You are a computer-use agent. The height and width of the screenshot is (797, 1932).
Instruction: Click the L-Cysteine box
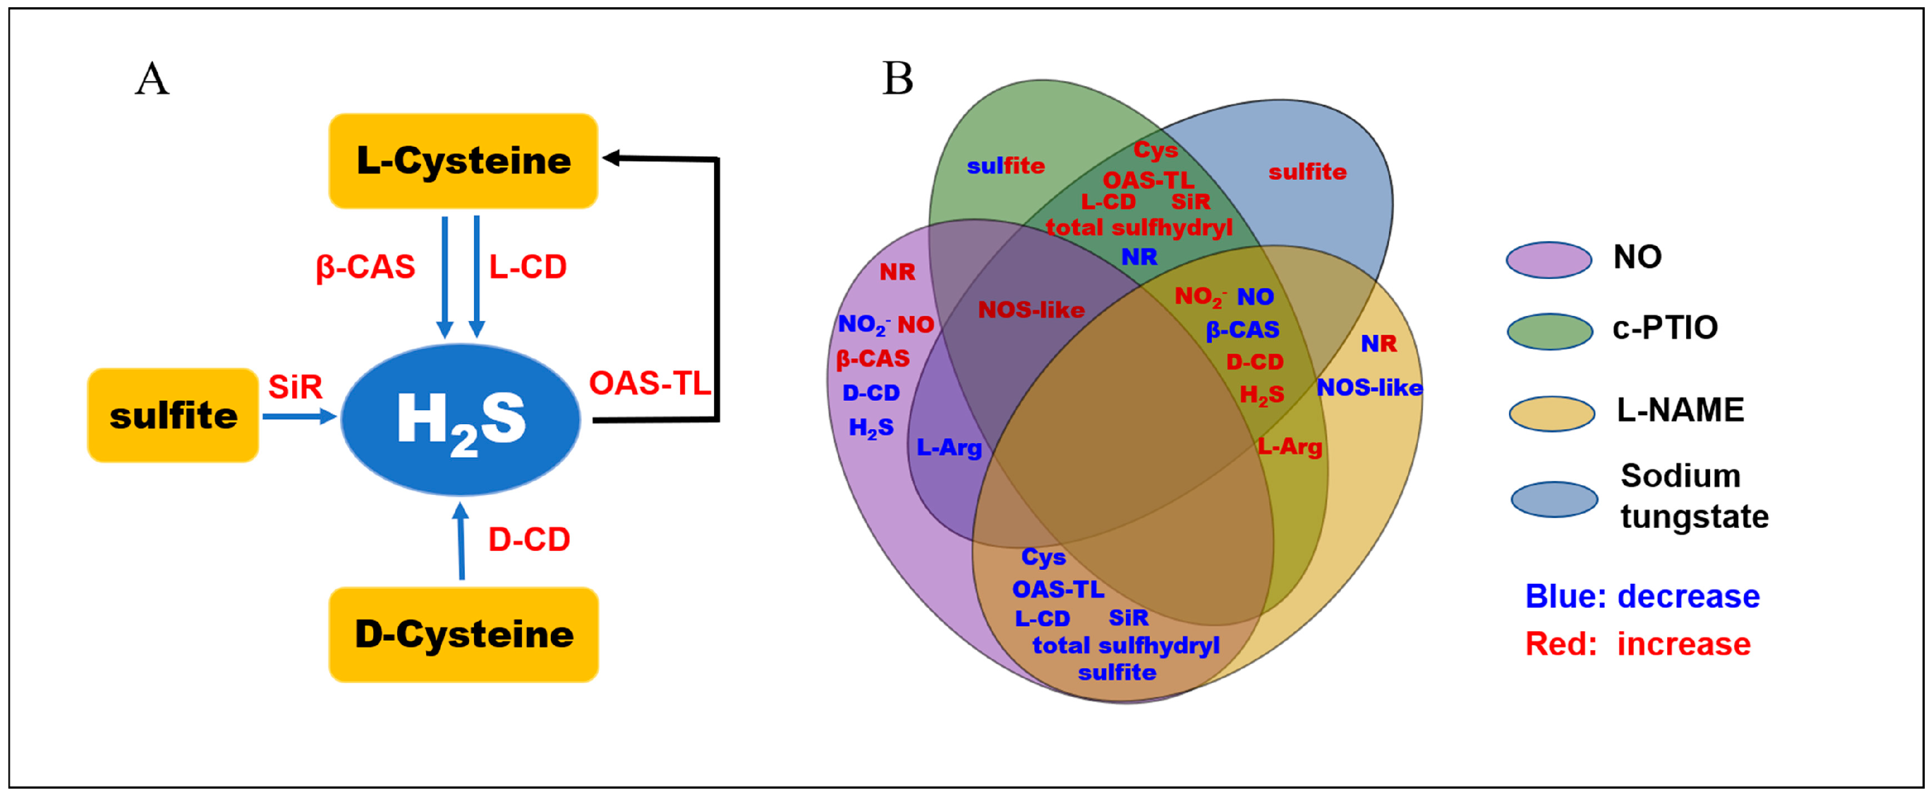pos(463,161)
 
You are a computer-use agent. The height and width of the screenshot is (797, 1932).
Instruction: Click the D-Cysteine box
pos(464,634)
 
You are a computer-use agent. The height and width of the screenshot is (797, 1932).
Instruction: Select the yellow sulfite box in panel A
pos(173,415)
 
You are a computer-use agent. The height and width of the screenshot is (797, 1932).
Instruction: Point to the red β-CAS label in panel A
pos(365,267)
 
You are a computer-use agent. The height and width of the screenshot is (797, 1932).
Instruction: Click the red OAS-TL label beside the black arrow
pos(649,383)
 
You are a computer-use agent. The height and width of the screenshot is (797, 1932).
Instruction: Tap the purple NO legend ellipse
pos(1549,260)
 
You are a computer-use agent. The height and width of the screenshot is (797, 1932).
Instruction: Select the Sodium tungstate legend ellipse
pos(1554,499)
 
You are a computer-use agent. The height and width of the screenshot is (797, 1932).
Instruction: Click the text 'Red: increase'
pos(1638,644)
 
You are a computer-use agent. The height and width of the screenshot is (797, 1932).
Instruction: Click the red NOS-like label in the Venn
pos(1031,309)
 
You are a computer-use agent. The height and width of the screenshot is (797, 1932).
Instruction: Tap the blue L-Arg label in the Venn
pos(949,448)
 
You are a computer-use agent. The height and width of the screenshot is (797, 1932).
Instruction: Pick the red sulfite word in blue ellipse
pos(1307,172)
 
